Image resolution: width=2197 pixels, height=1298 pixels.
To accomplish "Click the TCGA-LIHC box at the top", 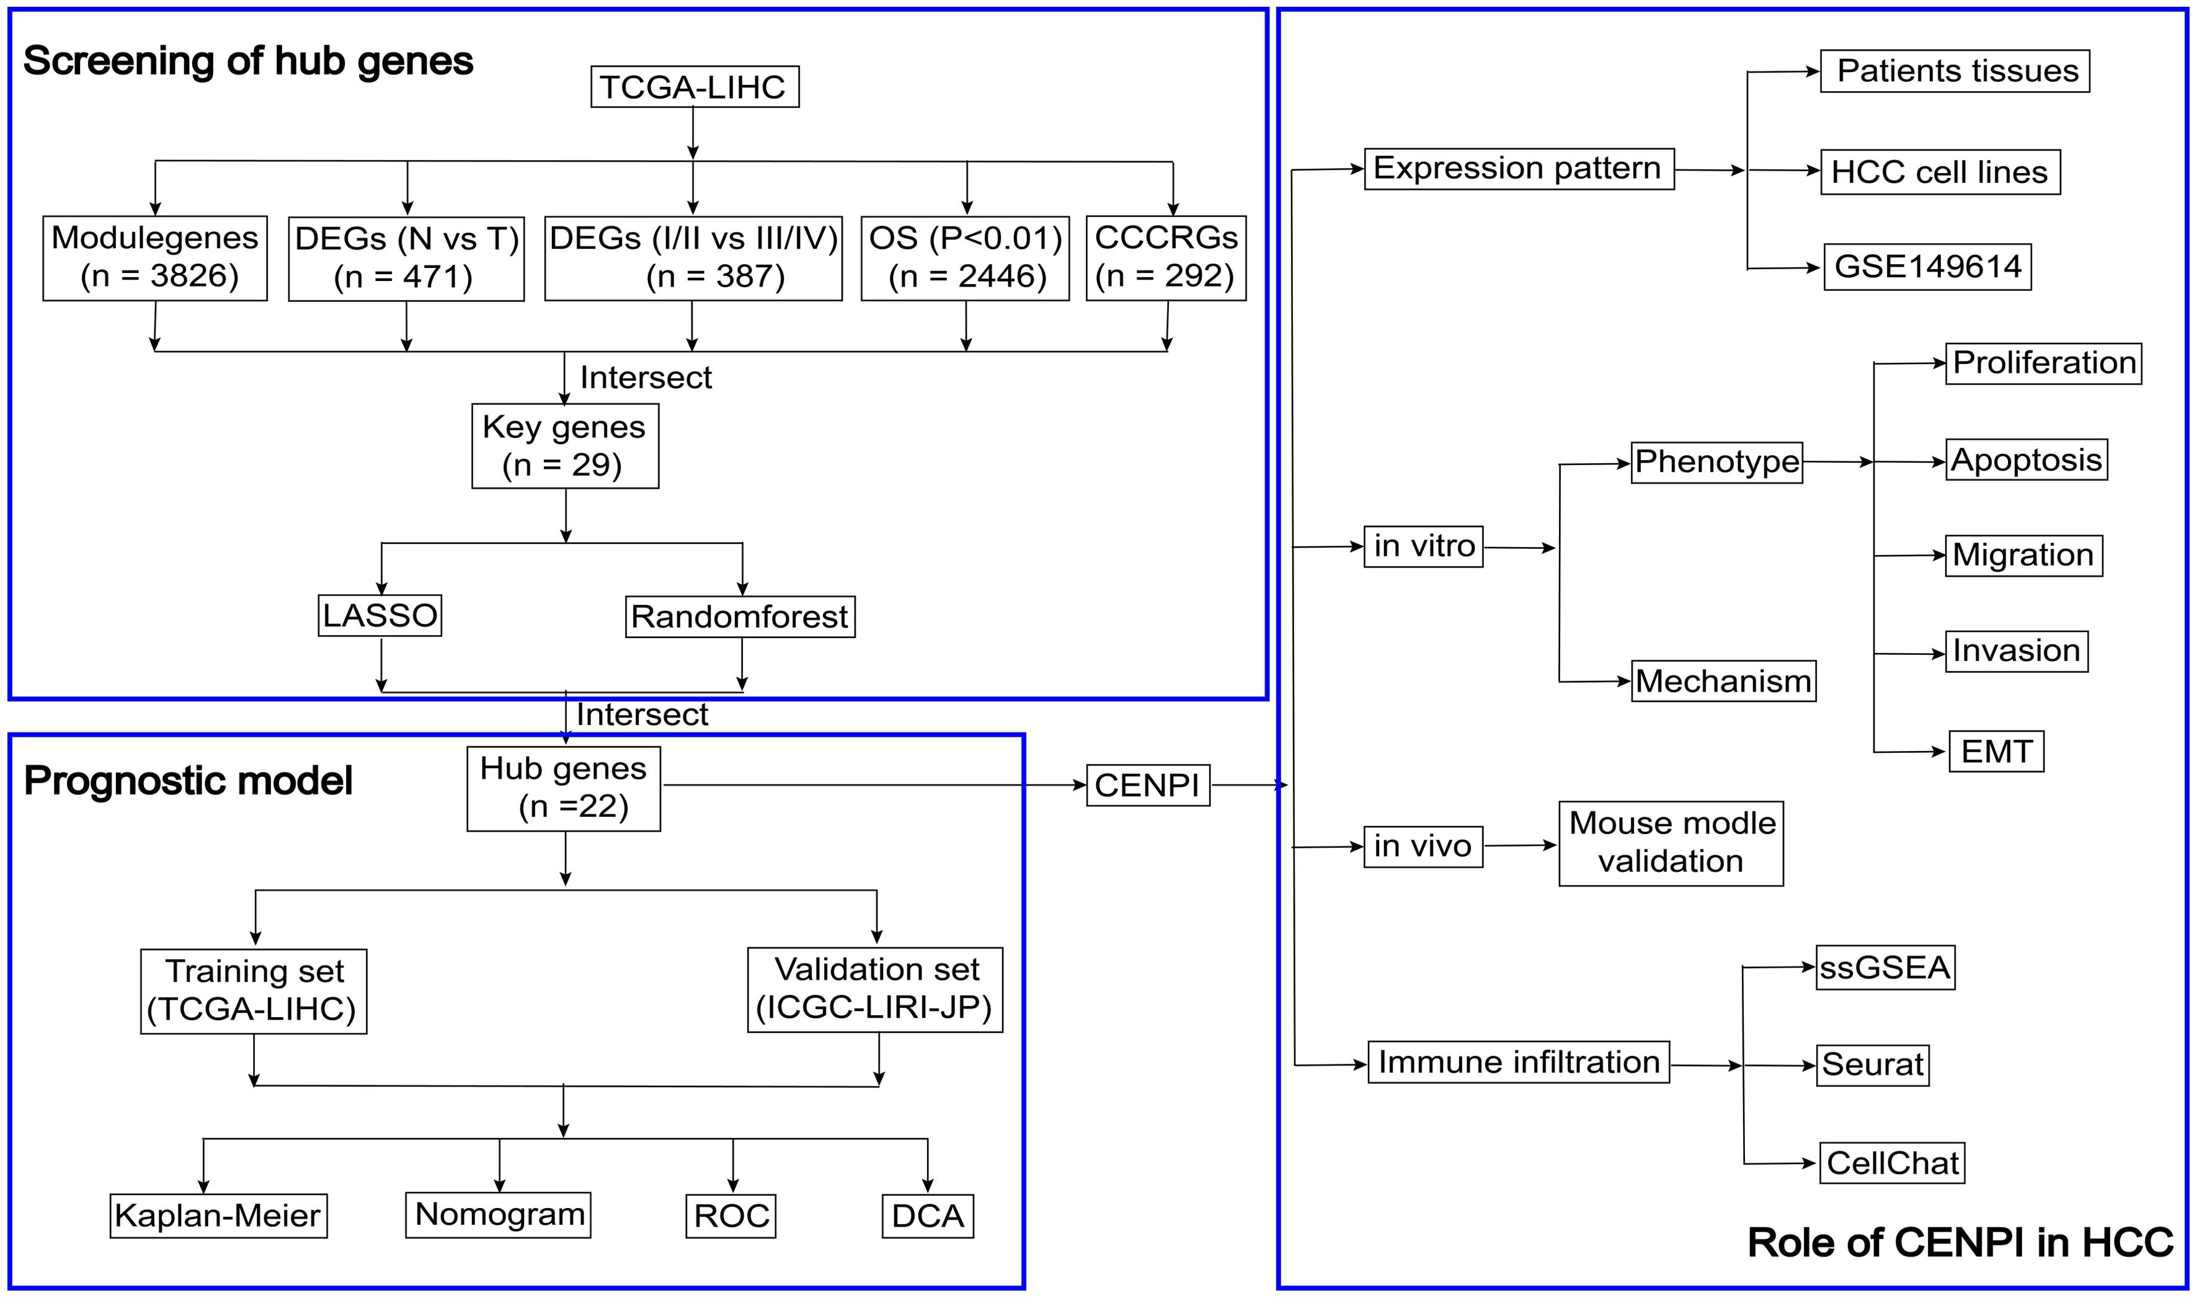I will click(695, 87).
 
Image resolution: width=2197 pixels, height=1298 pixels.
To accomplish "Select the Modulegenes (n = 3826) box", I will click(155, 258).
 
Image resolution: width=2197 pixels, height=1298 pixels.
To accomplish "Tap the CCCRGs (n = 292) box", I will click(1165, 258).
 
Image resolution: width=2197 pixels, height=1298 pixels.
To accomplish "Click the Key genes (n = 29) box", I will click(565, 445).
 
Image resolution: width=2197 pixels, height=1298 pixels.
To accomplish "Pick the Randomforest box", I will click(740, 616).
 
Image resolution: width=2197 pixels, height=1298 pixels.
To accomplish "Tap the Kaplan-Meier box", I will click(218, 1215).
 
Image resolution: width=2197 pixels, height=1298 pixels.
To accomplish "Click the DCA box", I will click(927, 1215).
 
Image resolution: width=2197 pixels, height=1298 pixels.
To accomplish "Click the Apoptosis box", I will click(2026, 460).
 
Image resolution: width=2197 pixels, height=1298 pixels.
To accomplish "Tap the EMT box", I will click(1996, 752).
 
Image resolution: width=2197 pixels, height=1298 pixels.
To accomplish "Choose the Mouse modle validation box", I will click(1671, 843).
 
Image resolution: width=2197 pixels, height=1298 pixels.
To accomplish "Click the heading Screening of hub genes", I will click(249, 61).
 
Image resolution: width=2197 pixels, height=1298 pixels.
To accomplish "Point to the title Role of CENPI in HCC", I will click(1959, 1242).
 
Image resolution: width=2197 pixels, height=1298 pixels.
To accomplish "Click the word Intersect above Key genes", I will click(646, 377).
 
